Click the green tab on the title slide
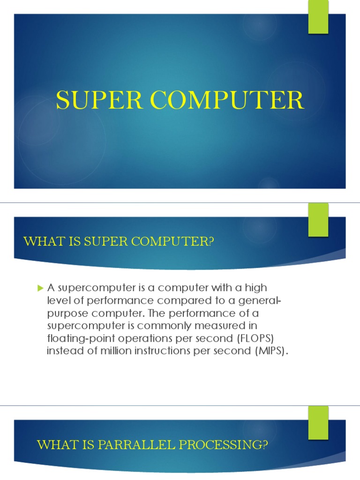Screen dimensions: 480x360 pyautogui.click(x=318, y=17)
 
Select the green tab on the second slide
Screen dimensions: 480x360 pyautogui.click(x=318, y=219)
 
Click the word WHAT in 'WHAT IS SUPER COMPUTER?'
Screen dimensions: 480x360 pyautogui.click(x=39, y=241)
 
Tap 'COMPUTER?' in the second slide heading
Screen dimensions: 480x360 pyautogui.click(x=185, y=241)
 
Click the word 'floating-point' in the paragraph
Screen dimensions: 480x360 pyautogui.click(x=75, y=338)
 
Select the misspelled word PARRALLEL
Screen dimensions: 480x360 pyautogui.click(x=122, y=444)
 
